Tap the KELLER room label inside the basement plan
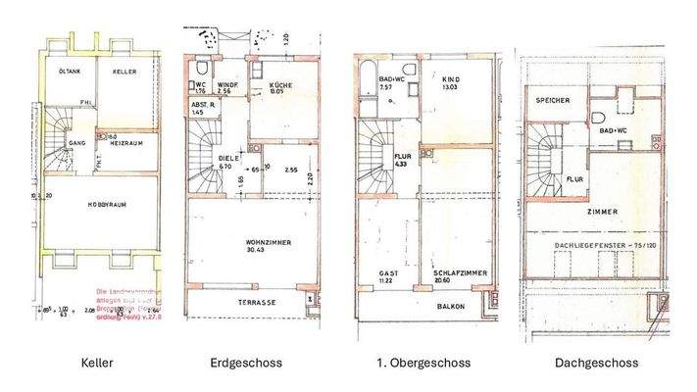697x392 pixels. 124,73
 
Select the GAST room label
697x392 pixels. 389,273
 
